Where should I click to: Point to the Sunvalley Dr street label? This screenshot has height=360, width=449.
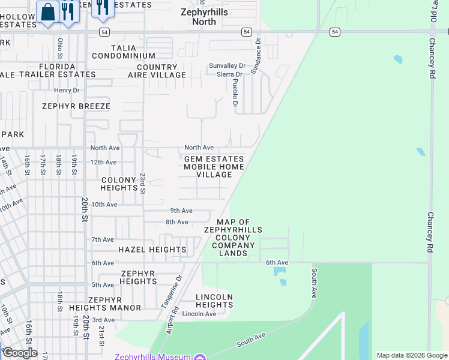pyautogui.click(x=227, y=65)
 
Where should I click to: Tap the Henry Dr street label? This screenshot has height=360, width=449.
pyautogui.click(x=67, y=91)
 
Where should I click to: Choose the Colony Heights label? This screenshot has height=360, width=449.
pyautogui.click(x=119, y=184)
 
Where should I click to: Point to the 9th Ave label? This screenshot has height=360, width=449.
pyautogui.click(x=181, y=211)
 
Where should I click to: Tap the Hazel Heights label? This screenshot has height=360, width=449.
pyautogui.click(x=152, y=250)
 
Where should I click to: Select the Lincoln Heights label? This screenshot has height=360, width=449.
pyautogui.click(x=214, y=301)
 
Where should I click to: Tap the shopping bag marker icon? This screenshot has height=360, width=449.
pyautogui.click(x=47, y=11)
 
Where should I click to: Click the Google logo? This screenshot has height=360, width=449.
pyautogui.click(x=19, y=353)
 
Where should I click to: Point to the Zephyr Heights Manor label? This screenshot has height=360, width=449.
pyautogui.click(x=114, y=304)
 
